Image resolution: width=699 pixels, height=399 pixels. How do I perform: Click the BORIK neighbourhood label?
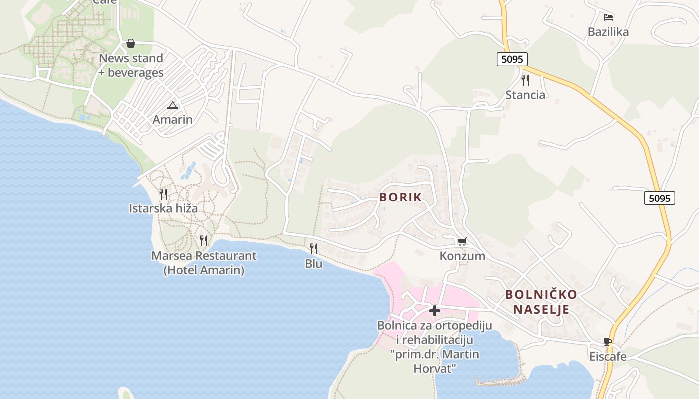pos(400,197)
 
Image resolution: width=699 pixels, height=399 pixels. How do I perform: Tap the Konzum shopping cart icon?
pos(462,241)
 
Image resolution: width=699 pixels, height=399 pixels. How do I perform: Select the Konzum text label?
pos(462,256)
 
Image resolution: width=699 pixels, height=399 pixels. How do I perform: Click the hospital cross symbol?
pos(435,311)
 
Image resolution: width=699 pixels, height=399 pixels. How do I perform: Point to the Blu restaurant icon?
pos(314,248)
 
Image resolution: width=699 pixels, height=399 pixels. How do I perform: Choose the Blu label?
pos(314,264)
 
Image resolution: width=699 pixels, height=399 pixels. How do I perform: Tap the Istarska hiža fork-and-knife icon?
pos(163,194)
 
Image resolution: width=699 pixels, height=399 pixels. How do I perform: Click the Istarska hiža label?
pos(163,208)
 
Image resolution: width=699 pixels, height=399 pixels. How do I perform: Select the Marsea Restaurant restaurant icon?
pos(204,241)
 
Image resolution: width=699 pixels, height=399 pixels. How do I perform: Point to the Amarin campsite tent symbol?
pos(173,105)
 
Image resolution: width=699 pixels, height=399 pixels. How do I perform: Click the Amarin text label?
pos(173,120)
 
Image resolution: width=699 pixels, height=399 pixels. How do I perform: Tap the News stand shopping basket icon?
pos(131,43)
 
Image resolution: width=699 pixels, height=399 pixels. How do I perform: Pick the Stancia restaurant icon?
pos(525,80)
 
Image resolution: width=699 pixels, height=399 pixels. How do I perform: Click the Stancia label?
pos(525,95)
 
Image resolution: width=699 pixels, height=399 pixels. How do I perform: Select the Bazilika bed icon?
pos(608,17)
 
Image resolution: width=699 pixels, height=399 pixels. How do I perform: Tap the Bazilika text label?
pos(608,32)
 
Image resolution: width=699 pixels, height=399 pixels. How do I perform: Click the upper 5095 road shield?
pos(512,59)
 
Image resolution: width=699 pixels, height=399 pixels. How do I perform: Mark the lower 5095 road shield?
pos(659,198)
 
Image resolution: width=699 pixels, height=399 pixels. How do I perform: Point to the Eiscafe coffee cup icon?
pos(608,342)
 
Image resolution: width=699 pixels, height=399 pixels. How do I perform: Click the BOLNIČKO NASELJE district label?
pos(541,302)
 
